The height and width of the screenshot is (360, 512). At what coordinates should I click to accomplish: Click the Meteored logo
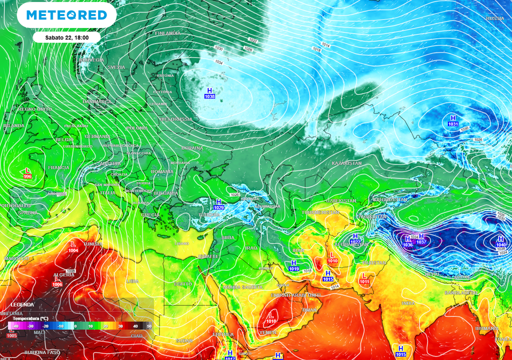[x=66, y=15]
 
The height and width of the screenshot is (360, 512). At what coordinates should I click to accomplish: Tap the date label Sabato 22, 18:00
[x=67, y=37]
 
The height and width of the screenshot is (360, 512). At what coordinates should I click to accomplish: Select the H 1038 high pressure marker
[x=209, y=93]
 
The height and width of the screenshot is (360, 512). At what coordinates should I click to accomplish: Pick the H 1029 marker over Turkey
[x=218, y=204]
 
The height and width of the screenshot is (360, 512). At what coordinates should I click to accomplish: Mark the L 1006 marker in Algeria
[x=57, y=281]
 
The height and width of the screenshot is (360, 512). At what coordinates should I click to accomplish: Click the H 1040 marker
[x=501, y=242]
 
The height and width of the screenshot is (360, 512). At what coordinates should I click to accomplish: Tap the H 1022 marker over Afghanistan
[x=355, y=238]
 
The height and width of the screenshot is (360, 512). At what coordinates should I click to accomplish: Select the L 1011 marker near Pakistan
[x=364, y=278]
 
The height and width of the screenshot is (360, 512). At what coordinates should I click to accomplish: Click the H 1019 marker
[x=293, y=266]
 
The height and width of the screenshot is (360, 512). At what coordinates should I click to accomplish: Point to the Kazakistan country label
[x=346, y=163]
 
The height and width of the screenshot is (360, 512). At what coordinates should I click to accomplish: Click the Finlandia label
[x=167, y=33]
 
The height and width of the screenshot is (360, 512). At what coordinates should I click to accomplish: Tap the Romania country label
[x=161, y=171]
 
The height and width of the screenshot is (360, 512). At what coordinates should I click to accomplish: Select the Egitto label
[x=182, y=283]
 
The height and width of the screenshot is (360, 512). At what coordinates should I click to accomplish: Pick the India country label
[x=408, y=303]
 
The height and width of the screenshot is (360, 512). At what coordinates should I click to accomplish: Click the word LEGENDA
[x=22, y=304]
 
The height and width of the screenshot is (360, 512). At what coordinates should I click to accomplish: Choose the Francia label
[x=58, y=167]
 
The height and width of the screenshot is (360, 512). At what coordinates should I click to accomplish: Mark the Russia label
[x=495, y=18]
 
